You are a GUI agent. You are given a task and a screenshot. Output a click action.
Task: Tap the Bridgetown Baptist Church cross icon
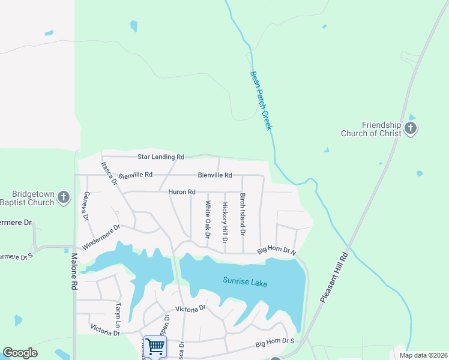point(65,197)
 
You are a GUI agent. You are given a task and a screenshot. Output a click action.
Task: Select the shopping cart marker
point(155,346)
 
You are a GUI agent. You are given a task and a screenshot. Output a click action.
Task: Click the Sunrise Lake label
point(244,281)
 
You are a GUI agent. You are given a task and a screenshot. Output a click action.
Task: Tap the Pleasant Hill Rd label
point(335,277)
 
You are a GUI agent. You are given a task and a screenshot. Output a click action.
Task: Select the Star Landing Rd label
point(160,157)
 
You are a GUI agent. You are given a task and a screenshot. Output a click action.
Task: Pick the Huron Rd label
point(182,192)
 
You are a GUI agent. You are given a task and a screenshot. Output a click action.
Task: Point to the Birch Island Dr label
point(243,214)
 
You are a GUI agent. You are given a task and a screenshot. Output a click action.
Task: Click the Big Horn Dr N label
point(277,251)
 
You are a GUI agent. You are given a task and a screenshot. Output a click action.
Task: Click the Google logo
point(20,353)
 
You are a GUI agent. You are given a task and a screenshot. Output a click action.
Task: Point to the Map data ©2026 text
point(423,355)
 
